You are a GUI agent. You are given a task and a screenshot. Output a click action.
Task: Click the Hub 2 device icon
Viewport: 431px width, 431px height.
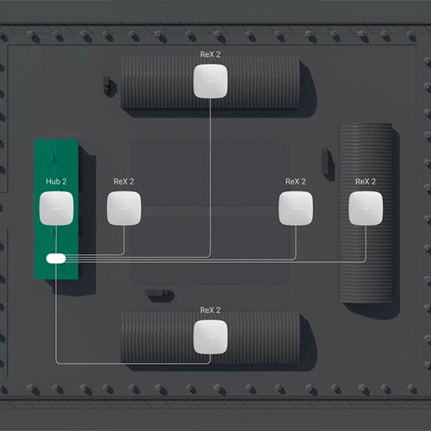(55, 209)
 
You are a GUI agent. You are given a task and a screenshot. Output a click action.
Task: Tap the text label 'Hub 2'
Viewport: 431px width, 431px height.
(55, 182)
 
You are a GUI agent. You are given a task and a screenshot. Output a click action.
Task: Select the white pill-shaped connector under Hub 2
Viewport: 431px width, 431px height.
(56, 258)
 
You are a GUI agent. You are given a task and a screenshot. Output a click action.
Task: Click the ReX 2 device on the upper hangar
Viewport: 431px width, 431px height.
(210, 81)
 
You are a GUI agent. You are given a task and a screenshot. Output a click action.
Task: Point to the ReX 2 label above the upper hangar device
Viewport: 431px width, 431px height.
(210, 53)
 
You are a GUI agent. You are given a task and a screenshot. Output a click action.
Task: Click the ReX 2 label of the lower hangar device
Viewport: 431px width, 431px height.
(210, 309)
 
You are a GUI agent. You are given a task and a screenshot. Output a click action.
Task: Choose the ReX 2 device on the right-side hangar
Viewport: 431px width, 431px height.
(365, 209)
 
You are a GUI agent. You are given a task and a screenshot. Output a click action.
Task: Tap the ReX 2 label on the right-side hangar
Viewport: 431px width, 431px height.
(365, 182)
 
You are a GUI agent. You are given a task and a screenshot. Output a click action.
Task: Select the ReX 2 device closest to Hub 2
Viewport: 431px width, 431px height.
(123, 209)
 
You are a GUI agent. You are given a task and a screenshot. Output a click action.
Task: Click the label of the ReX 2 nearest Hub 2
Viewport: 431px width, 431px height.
(123, 182)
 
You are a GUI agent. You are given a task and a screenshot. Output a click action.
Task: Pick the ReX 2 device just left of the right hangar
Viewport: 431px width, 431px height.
(296, 209)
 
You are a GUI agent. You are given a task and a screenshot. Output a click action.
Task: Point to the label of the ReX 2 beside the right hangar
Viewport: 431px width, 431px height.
(296, 182)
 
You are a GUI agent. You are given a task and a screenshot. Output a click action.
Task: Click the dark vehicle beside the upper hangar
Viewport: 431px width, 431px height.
(107, 84)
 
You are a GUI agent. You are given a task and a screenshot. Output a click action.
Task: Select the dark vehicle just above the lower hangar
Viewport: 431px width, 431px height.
(159, 296)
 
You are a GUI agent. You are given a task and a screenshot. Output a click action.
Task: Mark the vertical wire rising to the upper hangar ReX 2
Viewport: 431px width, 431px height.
(210, 172)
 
